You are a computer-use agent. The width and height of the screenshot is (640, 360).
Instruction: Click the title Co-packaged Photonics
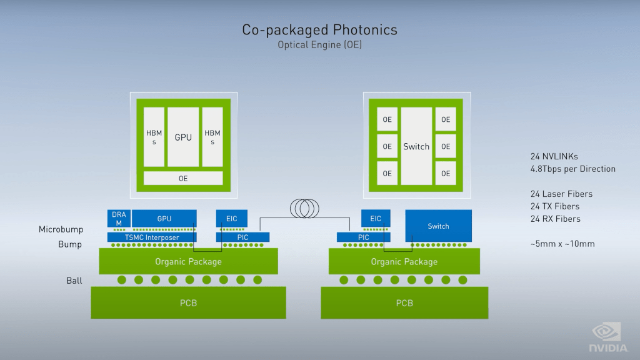point(319,30)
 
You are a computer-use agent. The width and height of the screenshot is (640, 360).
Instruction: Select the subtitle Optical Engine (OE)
point(319,45)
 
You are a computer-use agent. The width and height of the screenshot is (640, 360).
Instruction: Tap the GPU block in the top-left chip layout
point(183,137)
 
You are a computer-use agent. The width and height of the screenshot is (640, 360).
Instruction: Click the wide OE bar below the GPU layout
point(183,178)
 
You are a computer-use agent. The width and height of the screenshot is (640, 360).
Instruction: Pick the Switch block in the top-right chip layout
point(416,146)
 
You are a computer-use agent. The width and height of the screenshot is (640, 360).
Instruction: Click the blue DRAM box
point(118,219)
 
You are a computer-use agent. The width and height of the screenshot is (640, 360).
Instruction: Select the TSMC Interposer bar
point(152,237)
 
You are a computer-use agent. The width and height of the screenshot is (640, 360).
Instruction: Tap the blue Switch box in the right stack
point(438,226)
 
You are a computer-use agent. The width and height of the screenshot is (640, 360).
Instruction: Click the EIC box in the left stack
point(231,219)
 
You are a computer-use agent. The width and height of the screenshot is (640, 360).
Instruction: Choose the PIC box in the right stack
point(364,237)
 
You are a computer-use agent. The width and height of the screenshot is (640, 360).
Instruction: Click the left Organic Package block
point(188,261)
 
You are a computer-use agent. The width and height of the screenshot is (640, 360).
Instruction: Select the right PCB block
point(404,303)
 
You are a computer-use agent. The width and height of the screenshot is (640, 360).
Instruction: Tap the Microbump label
point(61,230)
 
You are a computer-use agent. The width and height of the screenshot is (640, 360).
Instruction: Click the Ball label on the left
point(74,281)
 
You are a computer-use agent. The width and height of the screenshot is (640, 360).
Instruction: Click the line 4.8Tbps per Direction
point(572,169)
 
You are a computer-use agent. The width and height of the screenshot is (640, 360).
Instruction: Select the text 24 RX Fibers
point(555,219)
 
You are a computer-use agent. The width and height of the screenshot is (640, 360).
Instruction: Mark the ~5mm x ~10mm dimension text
point(562,244)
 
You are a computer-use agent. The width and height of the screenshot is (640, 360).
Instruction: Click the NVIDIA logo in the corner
point(607,338)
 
